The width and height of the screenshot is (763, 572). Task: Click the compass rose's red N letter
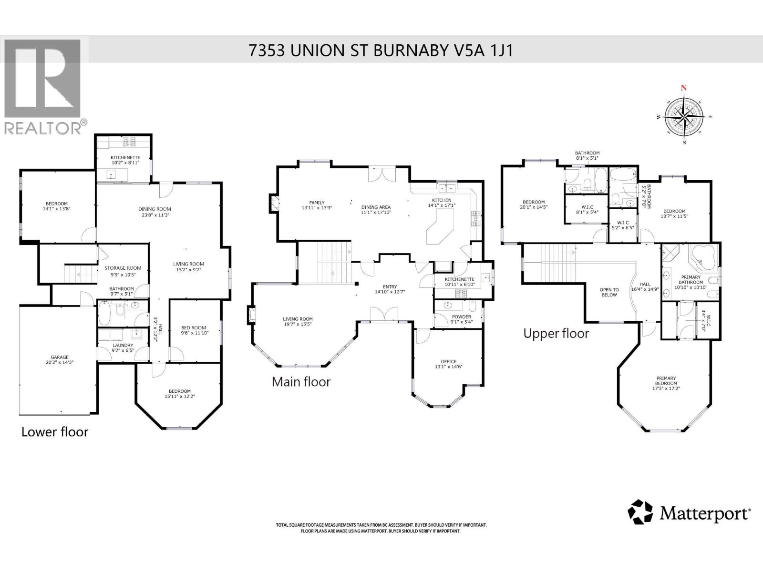pyautogui.click(x=683, y=88)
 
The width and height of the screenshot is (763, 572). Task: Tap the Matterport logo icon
pyautogui.click(x=640, y=512)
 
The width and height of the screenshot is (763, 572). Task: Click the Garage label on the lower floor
pyautogui.click(x=60, y=357)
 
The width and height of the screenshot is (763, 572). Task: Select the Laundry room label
pyautogui.click(x=123, y=345)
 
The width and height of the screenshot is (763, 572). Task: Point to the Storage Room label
pyautogui.click(x=123, y=268)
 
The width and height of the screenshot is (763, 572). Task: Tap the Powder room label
pyautogui.click(x=461, y=317)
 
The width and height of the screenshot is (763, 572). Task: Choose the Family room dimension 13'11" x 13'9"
pyautogui.click(x=317, y=208)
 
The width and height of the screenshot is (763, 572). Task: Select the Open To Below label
pyautogui.click(x=609, y=292)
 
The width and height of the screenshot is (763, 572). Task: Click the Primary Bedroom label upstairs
pyautogui.click(x=666, y=381)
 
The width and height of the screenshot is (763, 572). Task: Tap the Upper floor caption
pyautogui.click(x=556, y=333)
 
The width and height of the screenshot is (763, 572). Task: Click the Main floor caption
pyautogui.click(x=301, y=381)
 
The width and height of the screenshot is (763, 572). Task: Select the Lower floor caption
pyautogui.click(x=55, y=432)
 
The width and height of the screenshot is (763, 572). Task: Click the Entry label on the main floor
pyautogui.click(x=390, y=286)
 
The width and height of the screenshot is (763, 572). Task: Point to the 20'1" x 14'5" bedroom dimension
pyautogui.click(x=533, y=207)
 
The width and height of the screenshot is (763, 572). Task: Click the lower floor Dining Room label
pyautogui.click(x=155, y=209)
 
